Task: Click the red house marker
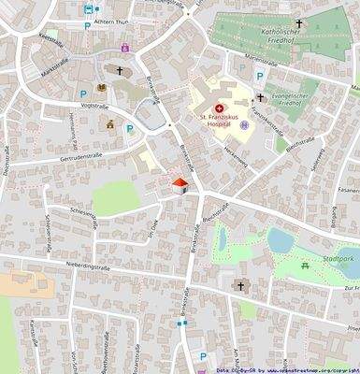[x=181, y=185]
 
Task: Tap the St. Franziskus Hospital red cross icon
[x=219, y=108]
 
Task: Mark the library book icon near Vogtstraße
[x=102, y=90]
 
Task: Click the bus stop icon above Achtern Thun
[x=88, y=9]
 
